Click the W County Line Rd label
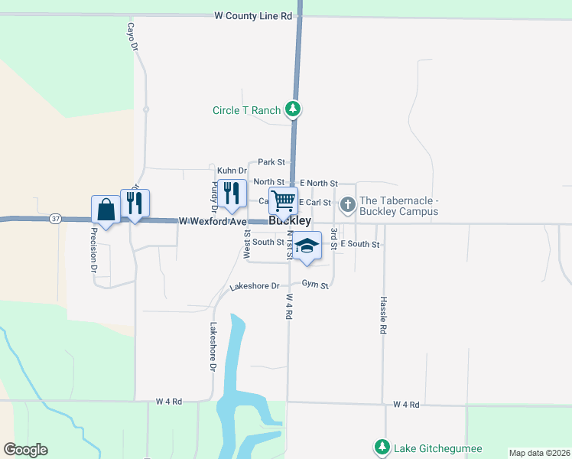[x=253, y=15]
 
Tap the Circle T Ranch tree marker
[x=292, y=109]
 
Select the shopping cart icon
[x=283, y=201]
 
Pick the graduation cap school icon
[x=307, y=246]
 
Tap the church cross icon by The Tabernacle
[x=348, y=203]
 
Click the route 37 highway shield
[x=56, y=218]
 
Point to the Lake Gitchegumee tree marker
[x=381, y=446]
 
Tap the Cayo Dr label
[x=132, y=36]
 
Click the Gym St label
[x=314, y=285]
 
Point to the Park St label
[x=271, y=162]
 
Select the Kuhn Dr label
[x=232, y=171]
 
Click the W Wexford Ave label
[x=213, y=221]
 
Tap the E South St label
[x=359, y=243]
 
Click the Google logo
[x=25, y=450]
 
